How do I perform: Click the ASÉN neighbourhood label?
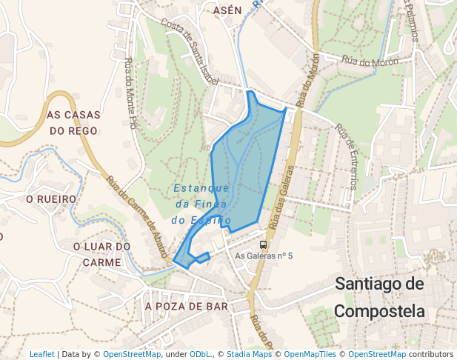227,10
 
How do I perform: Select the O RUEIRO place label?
51,199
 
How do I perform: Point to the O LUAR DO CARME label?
101,254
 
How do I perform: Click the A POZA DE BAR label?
187,306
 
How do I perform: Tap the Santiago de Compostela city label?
380,296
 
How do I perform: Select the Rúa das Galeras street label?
282,196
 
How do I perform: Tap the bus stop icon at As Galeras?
263,244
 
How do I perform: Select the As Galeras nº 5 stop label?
264,256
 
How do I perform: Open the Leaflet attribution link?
41,355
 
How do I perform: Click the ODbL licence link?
201,355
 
